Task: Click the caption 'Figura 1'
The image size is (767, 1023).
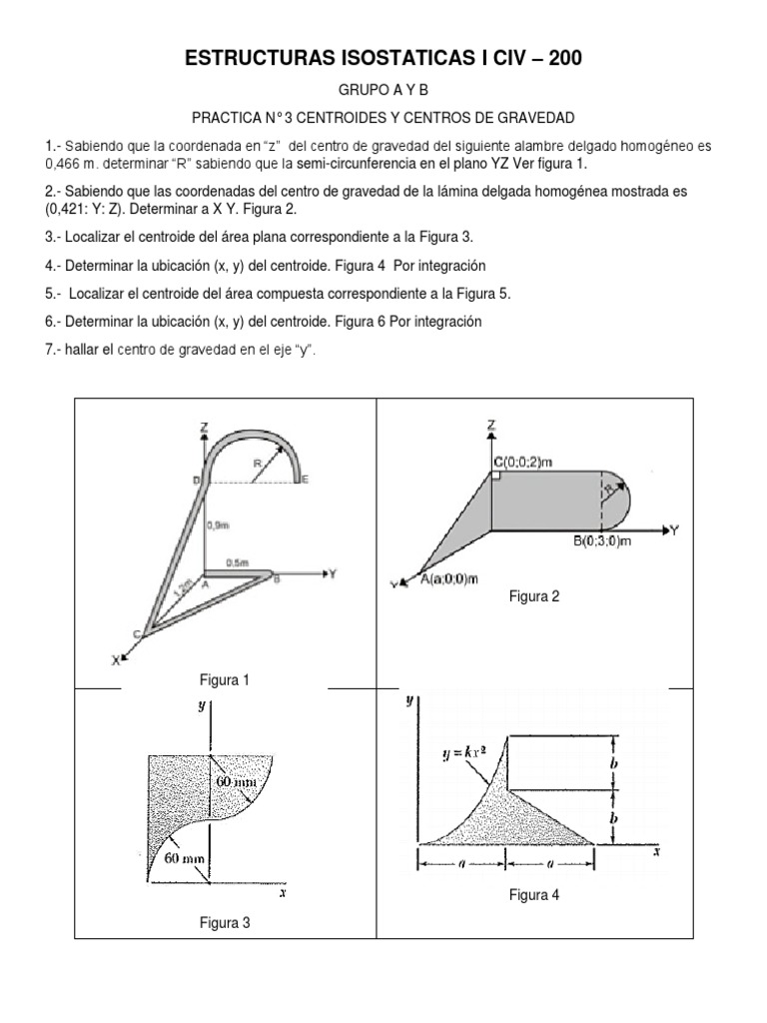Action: [224, 680]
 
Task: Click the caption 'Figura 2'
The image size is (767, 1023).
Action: [534, 596]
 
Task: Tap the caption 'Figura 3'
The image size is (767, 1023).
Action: [224, 923]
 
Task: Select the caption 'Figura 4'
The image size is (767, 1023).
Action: [534, 895]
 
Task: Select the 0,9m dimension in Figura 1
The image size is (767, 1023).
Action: [218, 523]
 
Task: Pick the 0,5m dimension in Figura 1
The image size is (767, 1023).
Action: [238, 562]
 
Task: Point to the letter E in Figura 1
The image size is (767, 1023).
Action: [305, 481]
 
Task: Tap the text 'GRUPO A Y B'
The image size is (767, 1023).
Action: [383, 90]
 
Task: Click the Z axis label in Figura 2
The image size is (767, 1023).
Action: [491, 425]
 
